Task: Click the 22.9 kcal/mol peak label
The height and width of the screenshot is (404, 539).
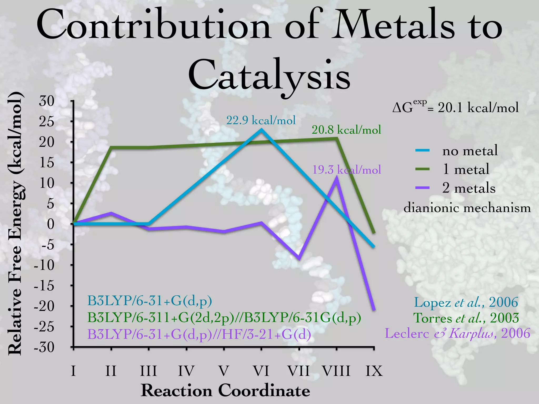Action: coord(261,120)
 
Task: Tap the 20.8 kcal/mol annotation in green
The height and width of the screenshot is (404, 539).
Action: coord(346,130)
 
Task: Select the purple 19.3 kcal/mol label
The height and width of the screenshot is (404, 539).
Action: coord(346,170)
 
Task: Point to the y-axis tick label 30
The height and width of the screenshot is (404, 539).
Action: coord(47,101)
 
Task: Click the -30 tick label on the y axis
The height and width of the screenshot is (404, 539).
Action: coord(44,347)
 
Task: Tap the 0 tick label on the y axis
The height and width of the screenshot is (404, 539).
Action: coord(51,224)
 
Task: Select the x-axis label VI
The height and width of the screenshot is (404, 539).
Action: coord(261,371)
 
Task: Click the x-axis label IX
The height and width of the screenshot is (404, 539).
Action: coord(374,371)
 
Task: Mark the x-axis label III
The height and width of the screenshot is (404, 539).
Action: coord(148,371)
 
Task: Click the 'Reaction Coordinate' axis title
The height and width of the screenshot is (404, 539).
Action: coord(225,390)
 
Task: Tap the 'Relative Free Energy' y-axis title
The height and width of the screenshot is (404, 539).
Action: coord(15,224)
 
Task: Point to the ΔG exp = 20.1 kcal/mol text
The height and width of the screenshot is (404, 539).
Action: coord(455,107)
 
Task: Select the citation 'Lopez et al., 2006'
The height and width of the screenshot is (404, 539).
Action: coord(466,302)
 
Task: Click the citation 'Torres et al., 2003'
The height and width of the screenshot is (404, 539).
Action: coord(466,318)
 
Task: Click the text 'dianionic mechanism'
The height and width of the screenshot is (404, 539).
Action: coord(467,208)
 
